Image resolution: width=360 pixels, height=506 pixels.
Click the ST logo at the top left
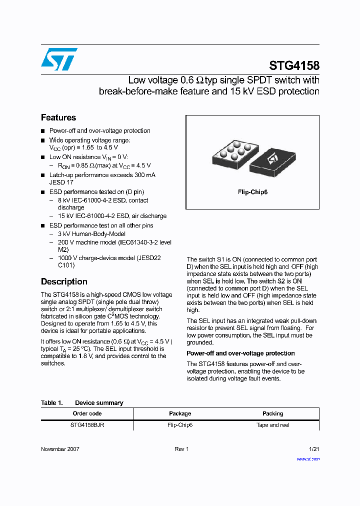59,59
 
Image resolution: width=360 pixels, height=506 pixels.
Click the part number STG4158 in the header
294,65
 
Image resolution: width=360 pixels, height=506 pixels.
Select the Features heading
58,117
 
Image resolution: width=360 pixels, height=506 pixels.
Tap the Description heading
64,281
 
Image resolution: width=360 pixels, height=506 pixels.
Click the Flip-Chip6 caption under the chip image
252,192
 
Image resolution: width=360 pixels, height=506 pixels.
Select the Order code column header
87,413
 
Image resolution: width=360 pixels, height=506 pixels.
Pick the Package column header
180,413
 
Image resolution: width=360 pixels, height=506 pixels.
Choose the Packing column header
273,413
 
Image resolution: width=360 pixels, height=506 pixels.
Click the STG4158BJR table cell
87,425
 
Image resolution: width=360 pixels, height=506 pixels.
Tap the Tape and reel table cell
273,425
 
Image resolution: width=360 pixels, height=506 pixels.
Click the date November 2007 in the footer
60,449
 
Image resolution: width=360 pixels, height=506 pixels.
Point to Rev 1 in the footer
181,449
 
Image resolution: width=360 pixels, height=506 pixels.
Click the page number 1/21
314,449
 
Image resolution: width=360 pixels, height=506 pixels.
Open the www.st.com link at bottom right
308,458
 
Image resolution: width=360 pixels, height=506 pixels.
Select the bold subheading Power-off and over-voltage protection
240,353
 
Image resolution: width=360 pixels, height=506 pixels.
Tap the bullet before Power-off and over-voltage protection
43,131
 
